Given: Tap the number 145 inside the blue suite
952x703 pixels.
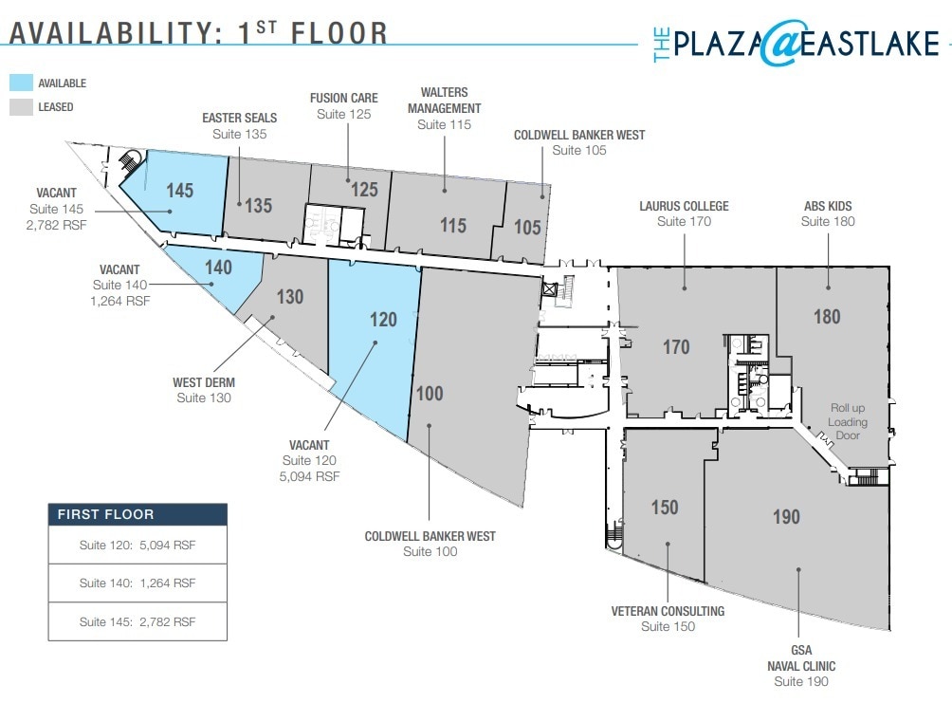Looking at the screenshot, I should point(179,190).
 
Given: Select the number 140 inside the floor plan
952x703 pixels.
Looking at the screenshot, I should point(218,268).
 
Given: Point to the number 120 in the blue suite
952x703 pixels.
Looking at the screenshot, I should point(382,320).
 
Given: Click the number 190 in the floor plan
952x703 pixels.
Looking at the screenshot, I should point(786,517).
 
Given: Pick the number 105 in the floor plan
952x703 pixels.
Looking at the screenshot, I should point(527,227).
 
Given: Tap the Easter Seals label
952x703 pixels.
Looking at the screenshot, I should point(239,119).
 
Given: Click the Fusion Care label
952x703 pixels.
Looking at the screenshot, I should point(343,99).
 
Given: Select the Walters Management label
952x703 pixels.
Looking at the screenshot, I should point(444,101).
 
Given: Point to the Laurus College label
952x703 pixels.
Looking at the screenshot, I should point(684,206).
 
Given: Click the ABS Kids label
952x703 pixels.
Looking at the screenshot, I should point(827,206).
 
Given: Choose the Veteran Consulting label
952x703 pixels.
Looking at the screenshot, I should point(668,611).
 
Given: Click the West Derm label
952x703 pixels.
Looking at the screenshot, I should point(204,382).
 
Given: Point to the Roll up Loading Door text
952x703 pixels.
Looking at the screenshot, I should point(848,421).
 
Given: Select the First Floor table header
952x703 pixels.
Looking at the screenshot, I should point(137,514).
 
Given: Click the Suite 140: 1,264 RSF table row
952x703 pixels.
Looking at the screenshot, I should point(137,583).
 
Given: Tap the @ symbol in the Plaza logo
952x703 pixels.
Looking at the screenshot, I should point(780,43).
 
